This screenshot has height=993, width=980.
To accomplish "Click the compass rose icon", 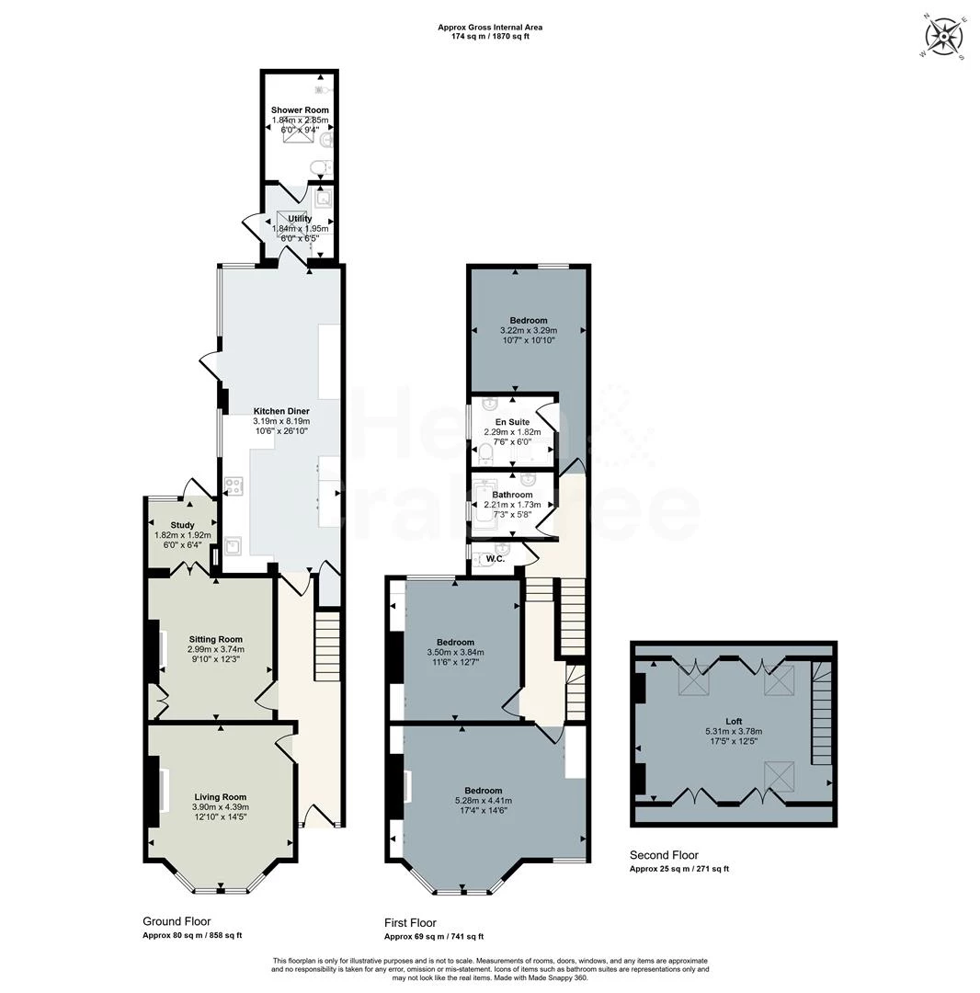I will tap(944, 38).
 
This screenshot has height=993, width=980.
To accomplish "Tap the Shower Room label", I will tap(300, 110).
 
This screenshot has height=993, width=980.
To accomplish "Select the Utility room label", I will tap(300, 219).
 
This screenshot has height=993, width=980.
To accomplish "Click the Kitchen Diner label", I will tap(281, 411).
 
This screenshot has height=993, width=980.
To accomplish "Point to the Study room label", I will tap(182, 525).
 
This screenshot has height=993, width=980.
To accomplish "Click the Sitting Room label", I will tap(216, 639).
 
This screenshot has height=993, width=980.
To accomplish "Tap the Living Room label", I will tap(220, 797).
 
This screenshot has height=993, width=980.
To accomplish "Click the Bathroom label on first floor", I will tap(512, 495).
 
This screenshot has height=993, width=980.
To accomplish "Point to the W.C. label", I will tap(496, 558).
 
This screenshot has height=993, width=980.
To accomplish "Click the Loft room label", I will tap(733, 722).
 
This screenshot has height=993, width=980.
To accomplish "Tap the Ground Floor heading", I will tap(177, 921).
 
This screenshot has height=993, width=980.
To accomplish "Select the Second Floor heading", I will tap(664, 855).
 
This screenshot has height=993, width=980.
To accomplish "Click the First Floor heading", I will tap(410, 923).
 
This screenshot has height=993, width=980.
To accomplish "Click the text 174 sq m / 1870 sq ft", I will tap(483, 36).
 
